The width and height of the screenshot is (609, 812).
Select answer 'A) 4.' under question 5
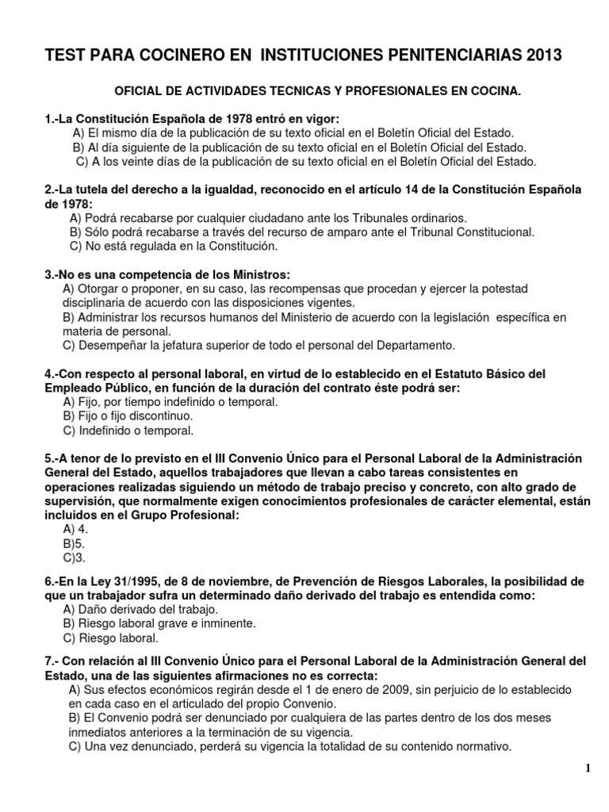(x=76, y=529)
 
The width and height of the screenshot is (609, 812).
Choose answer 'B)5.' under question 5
(x=74, y=543)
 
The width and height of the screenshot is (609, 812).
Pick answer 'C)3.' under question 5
(x=74, y=557)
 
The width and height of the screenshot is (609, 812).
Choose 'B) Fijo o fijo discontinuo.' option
(x=127, y=416)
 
